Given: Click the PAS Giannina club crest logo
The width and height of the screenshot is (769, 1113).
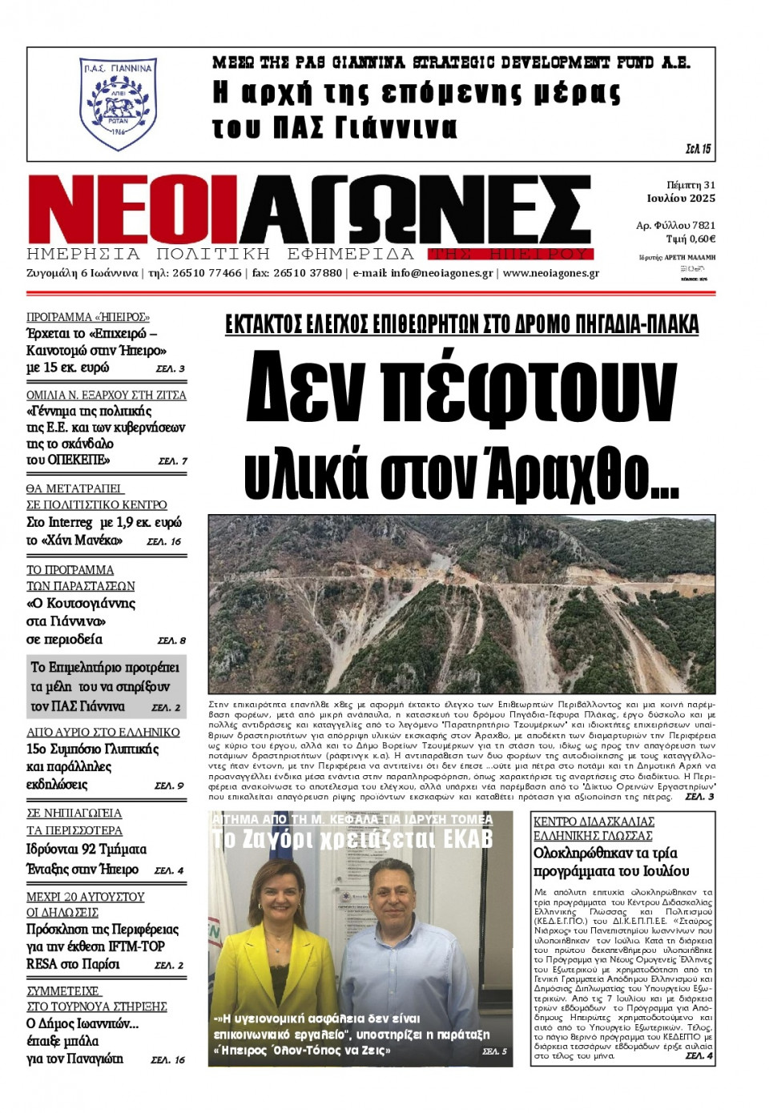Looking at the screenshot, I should (x=118, y=103).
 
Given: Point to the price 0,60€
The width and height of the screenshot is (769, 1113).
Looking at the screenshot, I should (x=702, y=239).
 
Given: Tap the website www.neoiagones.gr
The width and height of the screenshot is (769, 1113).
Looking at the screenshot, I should (x=550, y=273).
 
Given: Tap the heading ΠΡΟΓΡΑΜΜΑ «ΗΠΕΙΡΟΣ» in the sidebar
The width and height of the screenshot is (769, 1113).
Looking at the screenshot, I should (x=88, y=317).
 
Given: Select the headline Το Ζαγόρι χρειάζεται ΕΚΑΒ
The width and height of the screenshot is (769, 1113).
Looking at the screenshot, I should (x=352, y=840).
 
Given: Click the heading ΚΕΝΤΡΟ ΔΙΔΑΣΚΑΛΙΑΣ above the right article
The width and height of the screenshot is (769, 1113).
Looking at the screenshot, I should (x=594, y=822).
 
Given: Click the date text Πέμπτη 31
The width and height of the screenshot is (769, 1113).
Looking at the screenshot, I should (x=690, y=185).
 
